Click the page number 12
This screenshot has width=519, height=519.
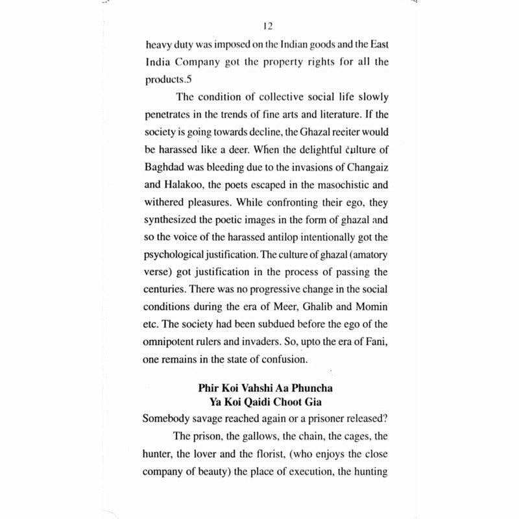(x=268, y=27)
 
